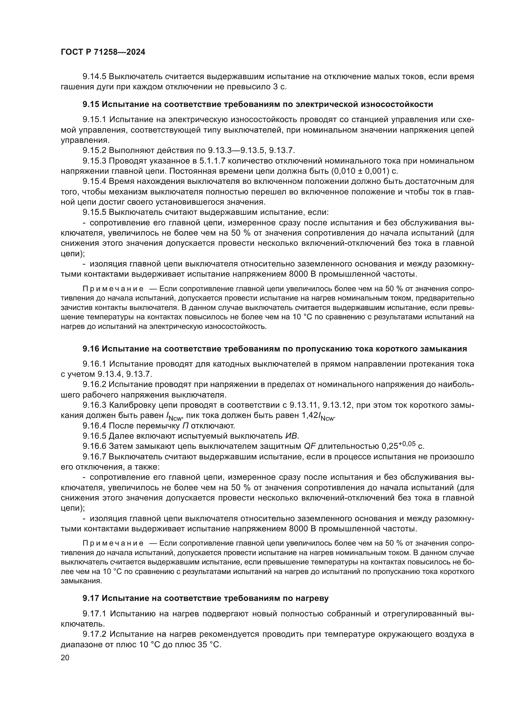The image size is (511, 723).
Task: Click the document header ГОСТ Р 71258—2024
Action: pyautogui.click(x=103, y=52)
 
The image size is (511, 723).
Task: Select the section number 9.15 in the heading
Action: pyautogui.click(x=91, y=104)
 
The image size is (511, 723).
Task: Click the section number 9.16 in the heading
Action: pyautogui.click(x=91, y=349)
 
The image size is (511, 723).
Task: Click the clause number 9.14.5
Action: pyautogui.click(x=95, y=77)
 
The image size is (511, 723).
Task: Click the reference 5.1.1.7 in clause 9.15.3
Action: pyautogui.click(x=212, y=161)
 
